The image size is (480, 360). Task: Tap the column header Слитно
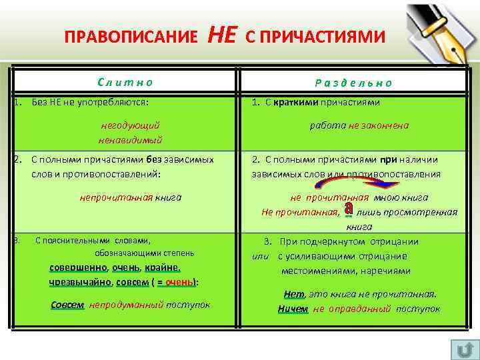pos(125,82)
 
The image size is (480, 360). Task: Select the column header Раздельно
pos(353,83)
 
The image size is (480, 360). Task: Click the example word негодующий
pos(130,125)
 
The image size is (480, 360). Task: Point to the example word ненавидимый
pos(130,140)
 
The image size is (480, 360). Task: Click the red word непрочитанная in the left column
pos(116,197)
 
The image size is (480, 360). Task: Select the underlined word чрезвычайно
pos(79,282)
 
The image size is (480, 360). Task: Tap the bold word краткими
pos(296,103)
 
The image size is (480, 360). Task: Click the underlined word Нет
pos(293,294)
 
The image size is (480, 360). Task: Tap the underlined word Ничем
pos(293,309)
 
